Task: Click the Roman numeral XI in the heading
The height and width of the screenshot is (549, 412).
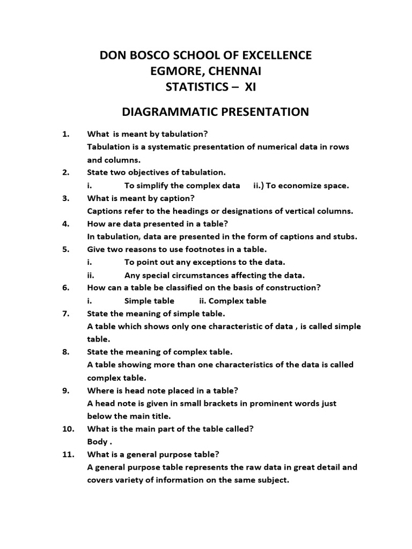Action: (250, 87)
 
